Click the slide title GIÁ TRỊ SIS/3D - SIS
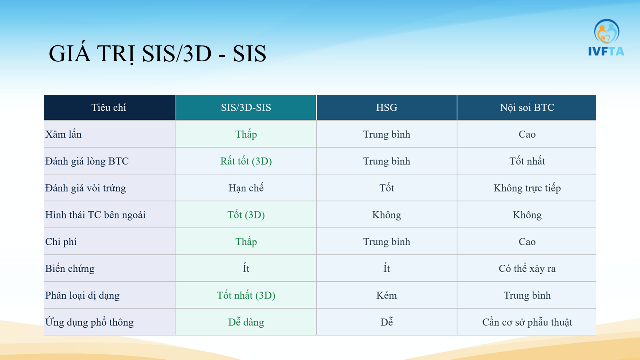157,54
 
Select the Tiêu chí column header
109,107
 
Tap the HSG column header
386,107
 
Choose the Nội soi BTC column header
527,107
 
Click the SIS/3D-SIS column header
246,107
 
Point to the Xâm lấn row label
63,134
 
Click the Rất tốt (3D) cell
246,161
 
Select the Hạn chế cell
246,188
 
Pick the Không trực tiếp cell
527,188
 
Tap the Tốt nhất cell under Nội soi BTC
527,161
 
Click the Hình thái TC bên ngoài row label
95,215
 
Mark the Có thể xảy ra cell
527,268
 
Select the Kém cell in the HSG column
386,295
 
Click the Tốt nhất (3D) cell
246,295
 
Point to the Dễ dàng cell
246,322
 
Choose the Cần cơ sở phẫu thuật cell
527,322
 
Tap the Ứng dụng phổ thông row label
89,322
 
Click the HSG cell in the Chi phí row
386,242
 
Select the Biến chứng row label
69,268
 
